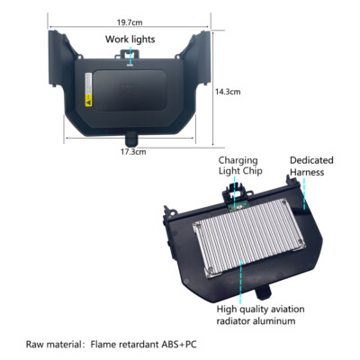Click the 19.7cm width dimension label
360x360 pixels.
click(x=130, y=22)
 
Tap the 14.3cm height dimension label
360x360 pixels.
click(x=228, y=92)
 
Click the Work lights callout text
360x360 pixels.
click(x=130, y=40)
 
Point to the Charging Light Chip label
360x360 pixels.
click(x=240, y=166)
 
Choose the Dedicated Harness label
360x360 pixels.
click(x=311, y=166)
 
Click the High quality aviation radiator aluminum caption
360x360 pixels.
click(x=260, y=315)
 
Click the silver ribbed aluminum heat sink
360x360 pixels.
click(x=249, y=237)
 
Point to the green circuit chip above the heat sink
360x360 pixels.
click(x=238, y=206)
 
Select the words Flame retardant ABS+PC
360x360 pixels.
click(x=144, y=344)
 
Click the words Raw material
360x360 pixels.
click(x=53, y=344)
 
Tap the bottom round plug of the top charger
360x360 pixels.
click(x=131, y=139)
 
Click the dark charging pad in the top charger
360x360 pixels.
click(x=130, y=91)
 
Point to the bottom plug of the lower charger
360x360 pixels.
click(x=264, y=292)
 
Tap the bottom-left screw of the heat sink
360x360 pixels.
click(x=211, y=270)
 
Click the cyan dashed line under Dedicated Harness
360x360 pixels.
click(x=305, y=193)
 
